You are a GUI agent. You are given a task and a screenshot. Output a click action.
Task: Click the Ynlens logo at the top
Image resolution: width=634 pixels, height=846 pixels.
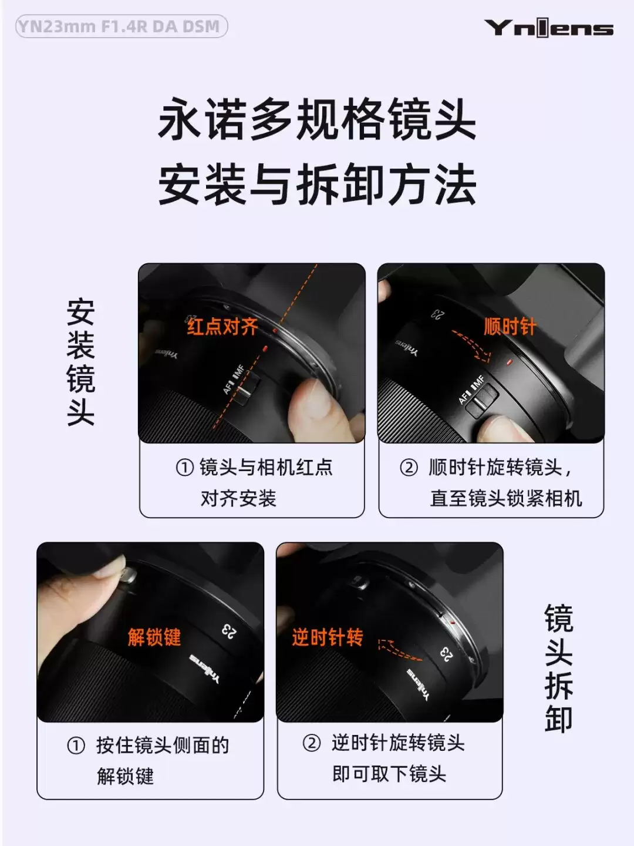(548, 28)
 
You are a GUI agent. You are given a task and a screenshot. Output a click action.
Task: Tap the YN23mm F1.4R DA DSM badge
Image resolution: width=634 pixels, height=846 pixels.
(121, 26)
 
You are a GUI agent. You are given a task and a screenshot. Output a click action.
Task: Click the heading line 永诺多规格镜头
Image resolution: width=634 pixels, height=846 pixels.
(316, 120)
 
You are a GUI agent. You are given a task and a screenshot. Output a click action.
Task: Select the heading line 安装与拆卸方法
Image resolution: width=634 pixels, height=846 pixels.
(316, 184)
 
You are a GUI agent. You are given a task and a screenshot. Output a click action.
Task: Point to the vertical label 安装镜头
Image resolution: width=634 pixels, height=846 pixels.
(80, 362)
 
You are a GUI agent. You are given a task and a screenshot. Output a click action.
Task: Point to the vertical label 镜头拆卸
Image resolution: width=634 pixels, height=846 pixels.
(558, 669)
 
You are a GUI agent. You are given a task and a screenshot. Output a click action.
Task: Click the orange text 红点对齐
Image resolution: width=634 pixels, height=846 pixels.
(222, 326)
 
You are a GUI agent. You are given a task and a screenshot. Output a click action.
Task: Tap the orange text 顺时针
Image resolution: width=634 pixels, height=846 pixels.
(510, 326)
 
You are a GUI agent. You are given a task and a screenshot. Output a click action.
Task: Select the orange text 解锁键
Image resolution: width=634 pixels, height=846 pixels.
(154, 637)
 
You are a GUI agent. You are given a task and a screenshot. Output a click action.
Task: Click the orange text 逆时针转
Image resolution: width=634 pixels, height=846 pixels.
(328, 637)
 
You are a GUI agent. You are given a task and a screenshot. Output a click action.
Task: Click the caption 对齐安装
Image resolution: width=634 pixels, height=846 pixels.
(238, 499)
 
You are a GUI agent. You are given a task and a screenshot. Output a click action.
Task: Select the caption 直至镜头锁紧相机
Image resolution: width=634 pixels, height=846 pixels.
(505, 498)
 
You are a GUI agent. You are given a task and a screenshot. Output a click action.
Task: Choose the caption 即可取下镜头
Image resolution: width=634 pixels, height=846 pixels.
(389, 774)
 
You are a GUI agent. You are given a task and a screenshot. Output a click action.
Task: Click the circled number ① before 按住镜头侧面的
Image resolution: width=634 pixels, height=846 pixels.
(76, 746)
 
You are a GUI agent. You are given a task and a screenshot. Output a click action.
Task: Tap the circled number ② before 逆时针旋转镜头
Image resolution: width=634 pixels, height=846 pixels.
(312, 743)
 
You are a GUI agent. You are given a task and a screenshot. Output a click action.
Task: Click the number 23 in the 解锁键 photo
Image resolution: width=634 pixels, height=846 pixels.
(229, 631)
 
